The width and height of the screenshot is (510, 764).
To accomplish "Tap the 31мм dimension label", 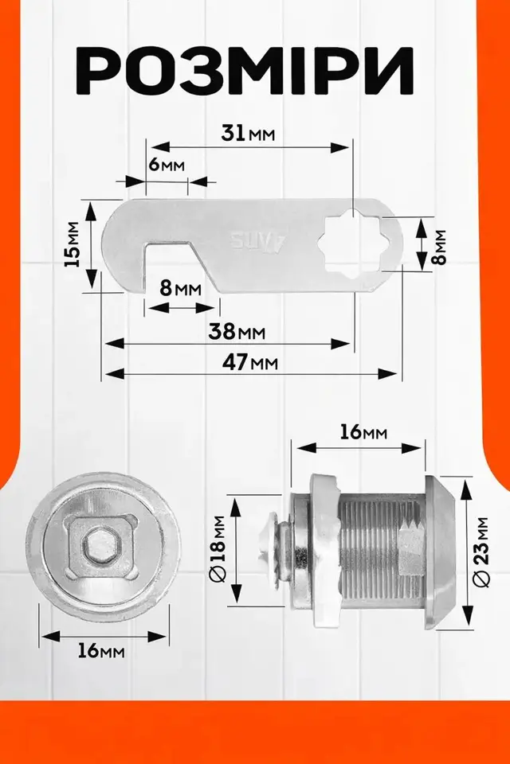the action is tap(248, 133).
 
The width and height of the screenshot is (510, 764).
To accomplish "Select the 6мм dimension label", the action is tap(167, 165).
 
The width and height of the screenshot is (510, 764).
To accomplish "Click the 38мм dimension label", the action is tap(237, 332).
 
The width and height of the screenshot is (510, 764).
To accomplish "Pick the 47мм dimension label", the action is tap(250, 363).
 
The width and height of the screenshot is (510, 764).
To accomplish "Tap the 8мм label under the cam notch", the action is tap(181, 288).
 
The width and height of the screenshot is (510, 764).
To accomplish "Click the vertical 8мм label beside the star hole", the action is tap(440, 247).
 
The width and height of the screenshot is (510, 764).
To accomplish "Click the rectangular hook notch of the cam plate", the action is tap(167, 266).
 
